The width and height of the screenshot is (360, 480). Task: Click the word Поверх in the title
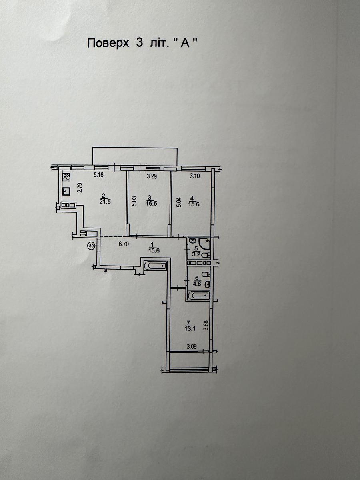click(108, 44)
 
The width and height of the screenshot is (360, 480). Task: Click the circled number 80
click(91, 246)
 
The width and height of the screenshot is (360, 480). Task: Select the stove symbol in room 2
click(66, 177)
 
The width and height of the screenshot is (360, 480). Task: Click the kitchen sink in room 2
click(66, 191)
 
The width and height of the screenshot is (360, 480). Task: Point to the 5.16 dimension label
click(98, 175)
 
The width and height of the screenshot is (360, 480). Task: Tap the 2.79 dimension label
click(80, 188)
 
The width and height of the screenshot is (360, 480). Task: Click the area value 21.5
click(105, 202)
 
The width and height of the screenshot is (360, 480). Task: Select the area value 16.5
click(152, 203)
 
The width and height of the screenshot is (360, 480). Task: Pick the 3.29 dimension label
click(152, 176)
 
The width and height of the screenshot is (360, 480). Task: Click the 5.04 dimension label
click(179, 202)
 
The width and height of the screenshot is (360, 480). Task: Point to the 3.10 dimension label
click(194, 176)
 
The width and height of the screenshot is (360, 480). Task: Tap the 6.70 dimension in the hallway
click(124, 244)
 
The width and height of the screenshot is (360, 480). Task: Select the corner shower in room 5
click(204, 243)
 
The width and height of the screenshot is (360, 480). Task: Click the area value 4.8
click(196, 285)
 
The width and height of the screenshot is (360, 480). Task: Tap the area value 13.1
click(189, 329)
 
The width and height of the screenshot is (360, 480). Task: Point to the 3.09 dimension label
click(192, 347)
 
